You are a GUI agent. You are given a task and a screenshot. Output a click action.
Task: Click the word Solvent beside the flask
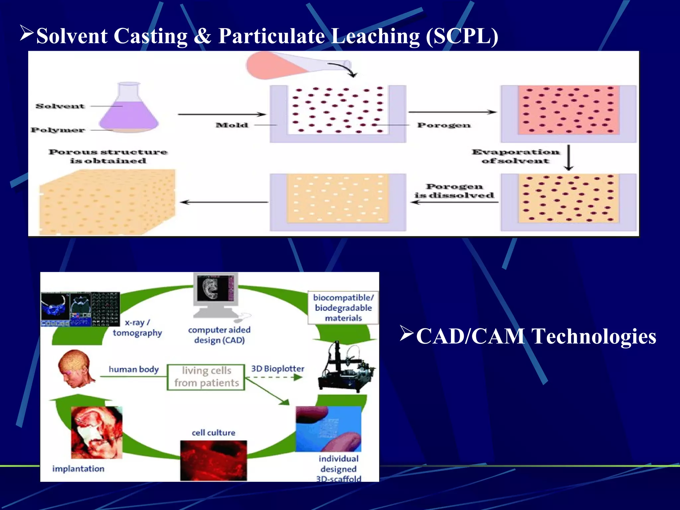60,106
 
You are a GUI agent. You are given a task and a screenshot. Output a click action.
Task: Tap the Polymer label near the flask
58,130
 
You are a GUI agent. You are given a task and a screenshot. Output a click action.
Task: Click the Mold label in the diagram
232,125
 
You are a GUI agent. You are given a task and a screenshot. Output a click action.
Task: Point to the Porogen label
444,125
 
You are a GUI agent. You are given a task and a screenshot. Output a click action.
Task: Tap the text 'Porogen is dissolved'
454,191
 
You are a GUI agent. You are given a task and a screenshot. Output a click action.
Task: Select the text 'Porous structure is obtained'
108,156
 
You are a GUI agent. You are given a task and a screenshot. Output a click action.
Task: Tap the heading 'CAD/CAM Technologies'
536,336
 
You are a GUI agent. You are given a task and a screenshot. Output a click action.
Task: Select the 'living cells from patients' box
206,377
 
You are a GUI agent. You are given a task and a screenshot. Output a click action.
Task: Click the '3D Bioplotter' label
278,369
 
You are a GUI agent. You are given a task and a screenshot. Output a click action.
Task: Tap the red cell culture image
213,461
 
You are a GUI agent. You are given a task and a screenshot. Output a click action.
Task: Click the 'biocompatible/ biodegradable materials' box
343,308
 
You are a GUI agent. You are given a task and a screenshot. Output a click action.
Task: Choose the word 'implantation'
78,469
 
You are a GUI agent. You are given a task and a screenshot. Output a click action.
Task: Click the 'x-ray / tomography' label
137,328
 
